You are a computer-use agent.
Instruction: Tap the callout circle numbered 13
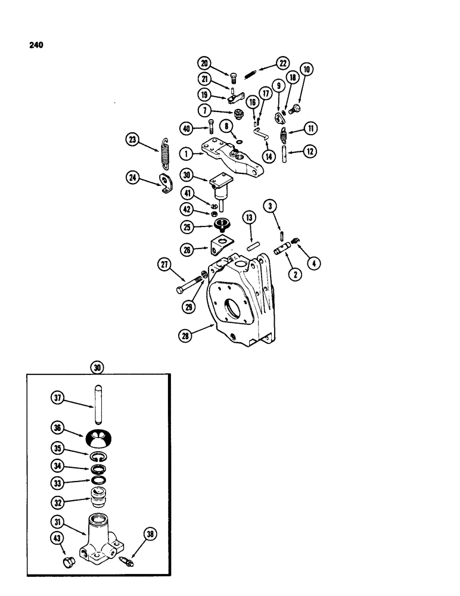(x=248, y=218)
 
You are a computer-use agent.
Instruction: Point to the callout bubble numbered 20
(x=204, y=63)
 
